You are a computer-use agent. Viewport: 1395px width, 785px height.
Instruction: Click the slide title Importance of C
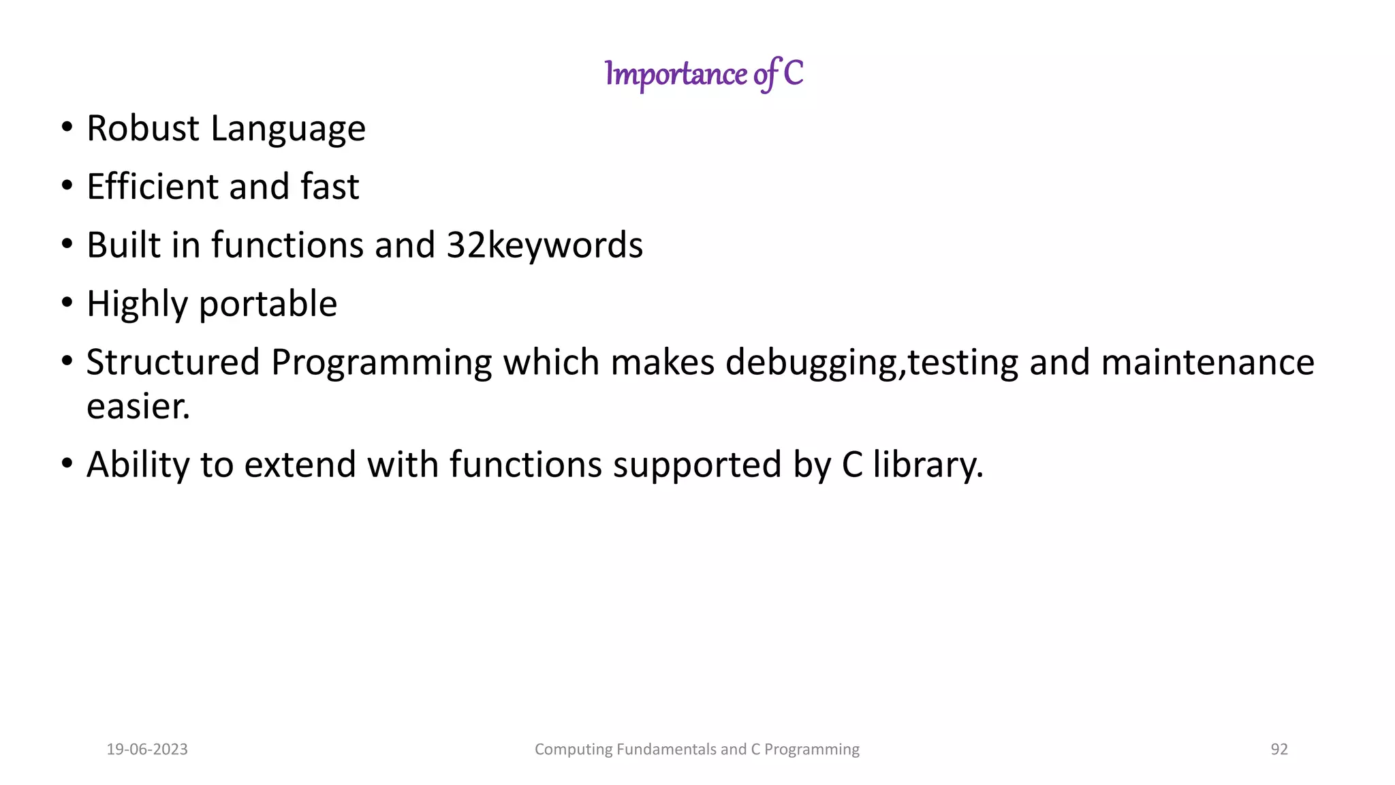pyautogui.click(x=704, y=74)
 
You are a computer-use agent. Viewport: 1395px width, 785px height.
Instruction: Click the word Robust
pyautogui.click(x=143, y=128)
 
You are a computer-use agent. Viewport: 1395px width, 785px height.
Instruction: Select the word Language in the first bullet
pyautogui.click(x=288, y=129)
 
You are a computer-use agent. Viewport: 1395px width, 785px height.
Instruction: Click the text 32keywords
pyautogui.click(x=544, y=245)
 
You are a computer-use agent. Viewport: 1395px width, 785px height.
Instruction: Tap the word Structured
pyautogui.click(x=173, y=363)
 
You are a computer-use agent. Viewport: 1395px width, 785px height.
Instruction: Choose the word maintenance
pyautogui.click(x=1207, y=363)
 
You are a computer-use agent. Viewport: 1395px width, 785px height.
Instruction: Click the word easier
pyautogui.click(x=138, y=407)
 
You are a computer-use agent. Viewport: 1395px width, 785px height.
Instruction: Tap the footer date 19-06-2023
pyautogui.click(x=147, y=750)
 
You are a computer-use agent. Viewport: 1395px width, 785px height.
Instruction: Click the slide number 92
pyautogui.click(x=1279, y=750)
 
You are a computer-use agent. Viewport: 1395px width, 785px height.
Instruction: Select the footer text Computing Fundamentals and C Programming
pyautogui.click(x=697, y=750)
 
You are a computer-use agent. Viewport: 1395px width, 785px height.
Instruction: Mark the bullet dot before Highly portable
pyautogui.click(x=66, y=302)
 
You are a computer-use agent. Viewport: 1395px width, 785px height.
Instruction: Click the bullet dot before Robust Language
pyautogui.click(x=66, y=127)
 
